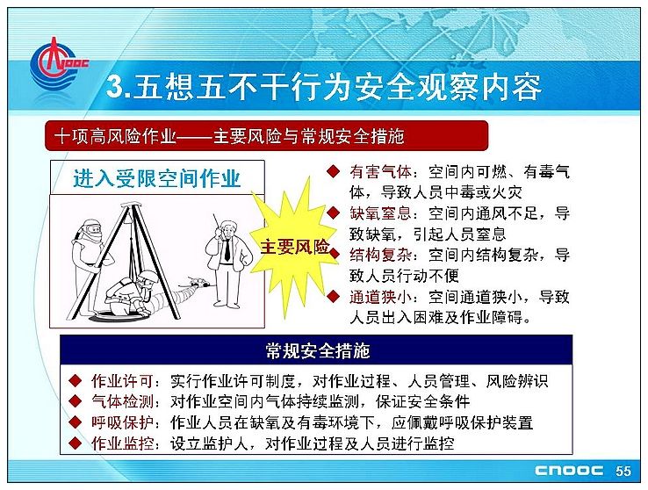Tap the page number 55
623,471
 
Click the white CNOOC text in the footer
569,471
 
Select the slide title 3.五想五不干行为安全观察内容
323,88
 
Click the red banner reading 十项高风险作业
266,136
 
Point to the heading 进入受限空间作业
157,178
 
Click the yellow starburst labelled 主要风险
294,247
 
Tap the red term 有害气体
380,172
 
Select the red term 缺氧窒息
380,213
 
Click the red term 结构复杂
380,256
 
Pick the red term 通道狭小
380,297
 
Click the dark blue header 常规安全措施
317,350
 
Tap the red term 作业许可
122,381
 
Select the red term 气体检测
122,401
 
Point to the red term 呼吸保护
122,422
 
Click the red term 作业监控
122,443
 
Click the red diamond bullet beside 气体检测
76,401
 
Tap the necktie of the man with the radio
227,250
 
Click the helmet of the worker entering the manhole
148,277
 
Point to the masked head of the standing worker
90,229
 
